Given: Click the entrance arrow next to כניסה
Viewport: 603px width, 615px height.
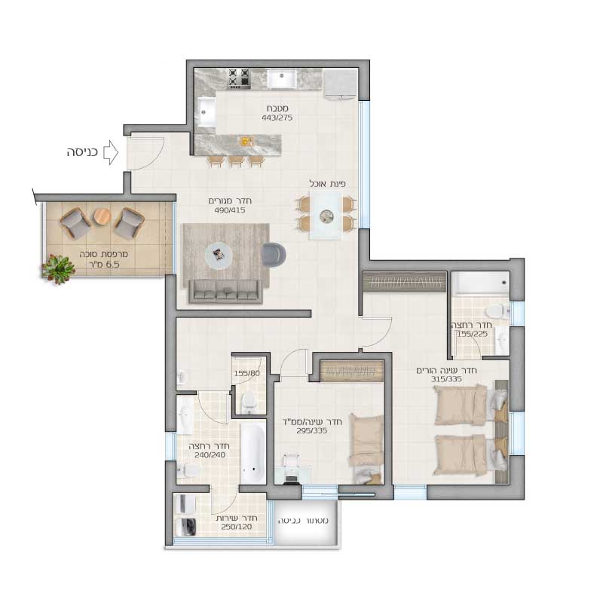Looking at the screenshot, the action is tap(111, 152).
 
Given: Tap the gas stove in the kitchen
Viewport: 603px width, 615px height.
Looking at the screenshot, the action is tap(240, 78).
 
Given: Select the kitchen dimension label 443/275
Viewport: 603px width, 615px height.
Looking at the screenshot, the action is tap(277, 118).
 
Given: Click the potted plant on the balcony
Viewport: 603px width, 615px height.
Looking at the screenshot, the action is tap(59, 268).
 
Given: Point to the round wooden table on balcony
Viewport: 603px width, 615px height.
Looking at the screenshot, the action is tap(103, 216).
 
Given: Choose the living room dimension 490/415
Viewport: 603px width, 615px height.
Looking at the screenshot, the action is tap(230, 210).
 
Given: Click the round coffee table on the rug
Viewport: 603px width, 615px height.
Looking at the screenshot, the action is tap(219, 255).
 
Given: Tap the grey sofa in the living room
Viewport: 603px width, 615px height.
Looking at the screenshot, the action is tap(225, 292).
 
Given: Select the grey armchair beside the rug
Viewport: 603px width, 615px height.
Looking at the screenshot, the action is tap(274, 255).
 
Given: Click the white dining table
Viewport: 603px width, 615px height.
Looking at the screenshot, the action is tap(325, 216).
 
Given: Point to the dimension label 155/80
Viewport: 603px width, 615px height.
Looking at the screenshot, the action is tap(246, 373).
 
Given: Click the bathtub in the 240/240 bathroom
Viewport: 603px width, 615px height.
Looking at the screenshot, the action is tap(253, 454).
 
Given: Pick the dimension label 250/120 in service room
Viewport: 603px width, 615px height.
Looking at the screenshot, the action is tap(237, 527).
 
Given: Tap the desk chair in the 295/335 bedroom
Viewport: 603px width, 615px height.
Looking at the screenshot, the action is tap(291, 468).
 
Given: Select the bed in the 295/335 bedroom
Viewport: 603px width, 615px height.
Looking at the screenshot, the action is tap(366, 448).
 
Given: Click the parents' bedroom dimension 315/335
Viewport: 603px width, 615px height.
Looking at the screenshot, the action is tap(446, 379).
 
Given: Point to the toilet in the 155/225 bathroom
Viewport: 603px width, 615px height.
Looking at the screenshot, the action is tap(496, 312).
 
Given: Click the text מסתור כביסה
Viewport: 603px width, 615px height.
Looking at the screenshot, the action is tap(303, 521).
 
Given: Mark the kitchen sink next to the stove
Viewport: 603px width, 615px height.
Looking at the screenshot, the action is tap(282, 79).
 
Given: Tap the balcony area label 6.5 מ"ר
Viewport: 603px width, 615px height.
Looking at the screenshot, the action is tap(103, 265).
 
